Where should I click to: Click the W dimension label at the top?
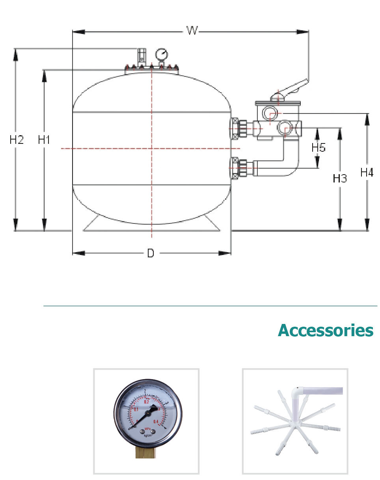pos(192,31)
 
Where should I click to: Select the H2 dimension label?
pos(17,140)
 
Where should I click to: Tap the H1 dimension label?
pos(44,140)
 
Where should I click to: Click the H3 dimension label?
pos(340,179)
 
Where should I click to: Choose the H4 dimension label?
pos(367,172)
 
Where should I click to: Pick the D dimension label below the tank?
pos(151,253)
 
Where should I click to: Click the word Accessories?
pos(325,330)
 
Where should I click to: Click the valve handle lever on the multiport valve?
pos(292,88)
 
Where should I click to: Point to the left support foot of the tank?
pos(91,224)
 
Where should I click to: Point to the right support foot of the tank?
pos(211,224)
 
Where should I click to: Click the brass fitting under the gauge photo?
pos(145,451)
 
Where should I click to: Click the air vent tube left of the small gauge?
pos(141,56)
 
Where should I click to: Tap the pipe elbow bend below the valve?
pos(291,166)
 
